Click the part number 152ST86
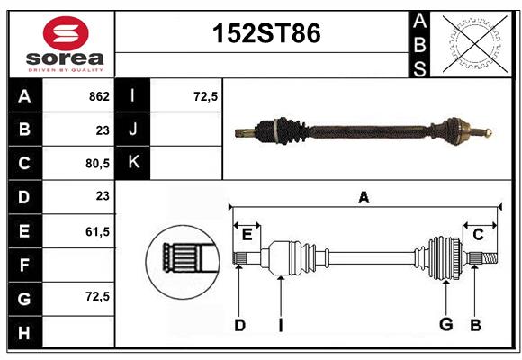pos(265,34)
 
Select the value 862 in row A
pos(98,96)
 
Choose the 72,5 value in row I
pos(206,96)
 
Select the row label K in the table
pos(133,163)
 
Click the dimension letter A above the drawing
pos(364,197)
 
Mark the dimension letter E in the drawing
pos(247,235)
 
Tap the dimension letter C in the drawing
pos(478,235)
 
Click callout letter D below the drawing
pos(239,325)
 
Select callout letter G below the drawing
pos(445,325)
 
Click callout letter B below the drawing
pos(476,325)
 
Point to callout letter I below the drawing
pos(280,325)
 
